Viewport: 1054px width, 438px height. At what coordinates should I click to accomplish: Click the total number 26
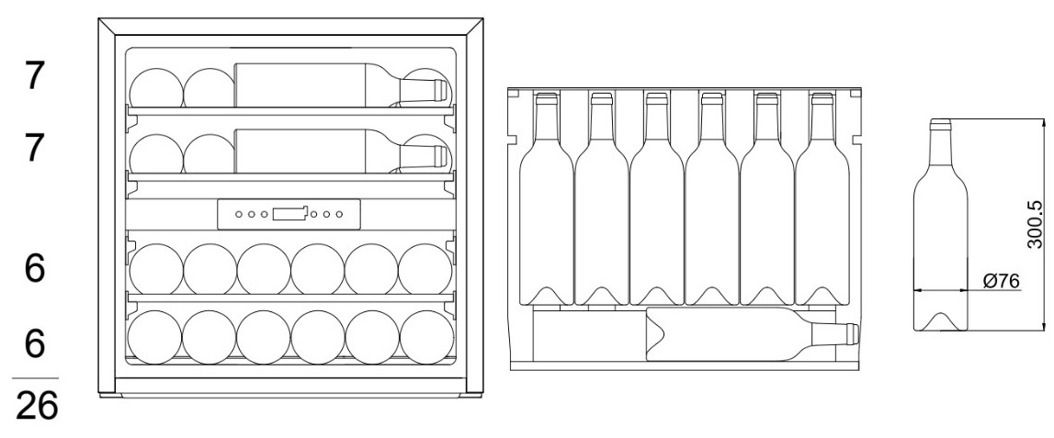[37, 407]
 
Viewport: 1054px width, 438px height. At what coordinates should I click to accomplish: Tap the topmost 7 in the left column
[35, 76]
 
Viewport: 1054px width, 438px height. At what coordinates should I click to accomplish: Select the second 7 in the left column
[35, 149]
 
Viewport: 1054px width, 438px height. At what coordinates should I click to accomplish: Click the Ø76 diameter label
[1001, 282]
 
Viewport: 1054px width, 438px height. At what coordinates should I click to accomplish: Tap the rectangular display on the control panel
[289, 214]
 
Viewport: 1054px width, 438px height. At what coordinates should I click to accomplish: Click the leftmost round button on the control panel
[239, 214]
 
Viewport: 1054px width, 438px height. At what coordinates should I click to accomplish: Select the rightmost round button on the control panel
[339, 214]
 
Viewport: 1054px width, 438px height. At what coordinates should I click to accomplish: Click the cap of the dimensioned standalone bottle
[940, 124]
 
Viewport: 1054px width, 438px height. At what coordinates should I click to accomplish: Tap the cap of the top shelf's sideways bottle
[440, 89]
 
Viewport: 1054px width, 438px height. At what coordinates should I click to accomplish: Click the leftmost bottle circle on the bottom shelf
[154, 337]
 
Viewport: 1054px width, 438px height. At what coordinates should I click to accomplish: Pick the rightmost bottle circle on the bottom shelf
[427, 337]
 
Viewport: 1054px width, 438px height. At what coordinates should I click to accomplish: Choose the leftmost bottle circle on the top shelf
[156, 88]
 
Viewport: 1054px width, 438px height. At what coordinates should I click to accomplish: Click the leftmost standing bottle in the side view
[547, 199]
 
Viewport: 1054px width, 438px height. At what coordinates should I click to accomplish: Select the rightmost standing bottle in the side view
[822, 199]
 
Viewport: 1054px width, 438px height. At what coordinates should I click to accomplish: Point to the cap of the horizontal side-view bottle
[853, 334]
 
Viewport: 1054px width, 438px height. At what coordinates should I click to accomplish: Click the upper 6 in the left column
[35, 269]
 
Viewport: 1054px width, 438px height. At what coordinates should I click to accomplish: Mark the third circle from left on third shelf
[264, 269]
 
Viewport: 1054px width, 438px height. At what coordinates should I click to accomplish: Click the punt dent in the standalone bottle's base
[940, 322]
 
